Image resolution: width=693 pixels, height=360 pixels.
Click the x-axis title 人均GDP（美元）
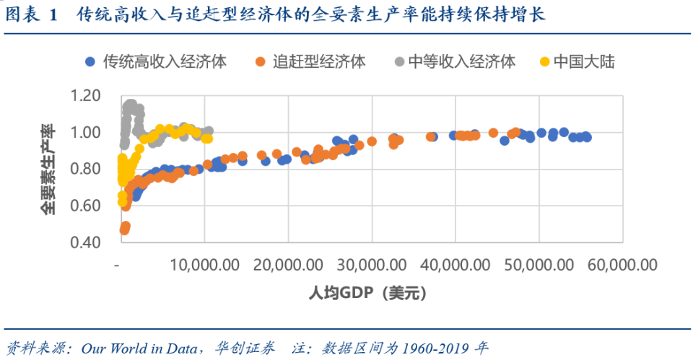[371, 293]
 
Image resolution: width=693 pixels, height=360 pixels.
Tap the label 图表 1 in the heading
[30, 14]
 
